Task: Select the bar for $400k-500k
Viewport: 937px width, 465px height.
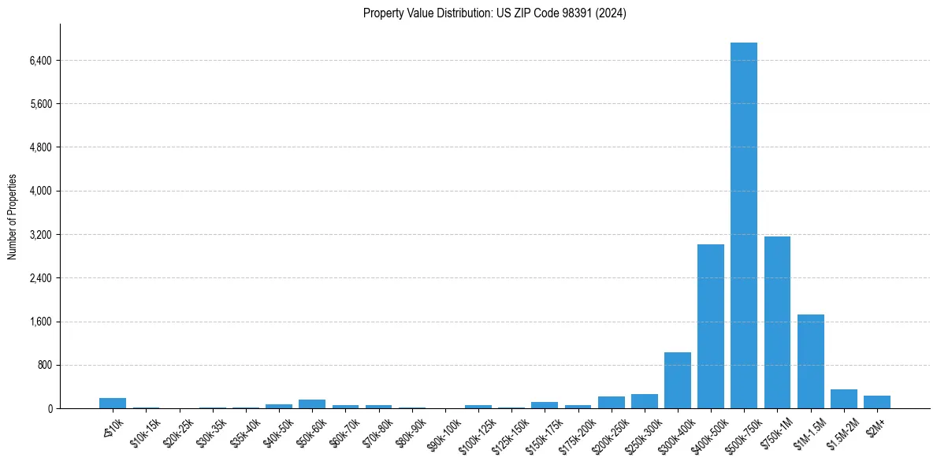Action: [x=710, y=326]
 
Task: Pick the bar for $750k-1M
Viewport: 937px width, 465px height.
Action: [x=777, y=322]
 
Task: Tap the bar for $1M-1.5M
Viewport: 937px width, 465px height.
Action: [x=810, y=362]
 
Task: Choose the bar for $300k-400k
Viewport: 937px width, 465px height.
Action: [x=677, y=381]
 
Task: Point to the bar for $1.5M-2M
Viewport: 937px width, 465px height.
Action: [x=843, y=399]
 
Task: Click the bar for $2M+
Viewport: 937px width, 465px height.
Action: [x=876, y=402]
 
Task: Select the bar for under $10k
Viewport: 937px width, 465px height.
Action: [x=113, y=404]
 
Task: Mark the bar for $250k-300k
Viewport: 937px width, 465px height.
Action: [x=644, y=401]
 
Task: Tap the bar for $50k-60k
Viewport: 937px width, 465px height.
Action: [x=312, y=404]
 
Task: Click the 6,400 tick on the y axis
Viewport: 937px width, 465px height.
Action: [x=40, y=61]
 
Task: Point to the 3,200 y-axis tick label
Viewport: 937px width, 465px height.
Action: [x=40, y=235]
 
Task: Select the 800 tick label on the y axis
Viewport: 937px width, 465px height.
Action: [x=44, y=366]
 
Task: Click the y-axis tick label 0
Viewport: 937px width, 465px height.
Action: [x=49, y=409]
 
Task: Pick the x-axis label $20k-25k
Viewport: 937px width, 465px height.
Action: [x=179, y=434]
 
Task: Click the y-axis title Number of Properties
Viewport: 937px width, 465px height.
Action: [x=12, y=216]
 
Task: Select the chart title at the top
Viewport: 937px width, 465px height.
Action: [x=494, y=13]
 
